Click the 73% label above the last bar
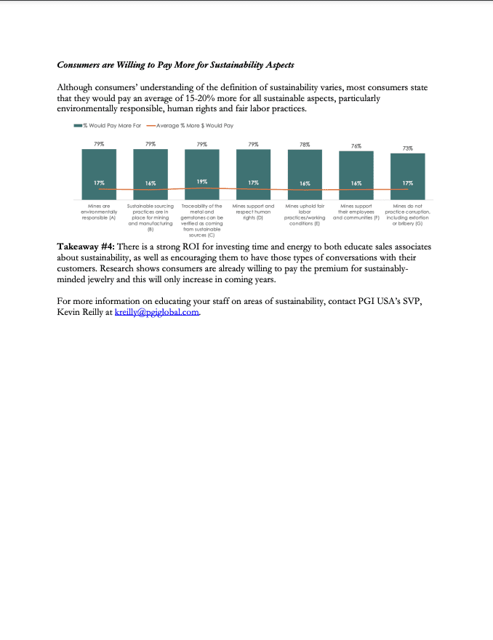tap(408, 148)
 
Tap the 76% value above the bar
tap(356, 146)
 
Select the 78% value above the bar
tap(305, 145)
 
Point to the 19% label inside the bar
tap(202, 182)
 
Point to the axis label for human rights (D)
tap(253, 212)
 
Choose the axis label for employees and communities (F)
tap(356, 212)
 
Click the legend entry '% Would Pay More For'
tap(101, 126)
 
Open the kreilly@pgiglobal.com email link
tap(157, 313)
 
